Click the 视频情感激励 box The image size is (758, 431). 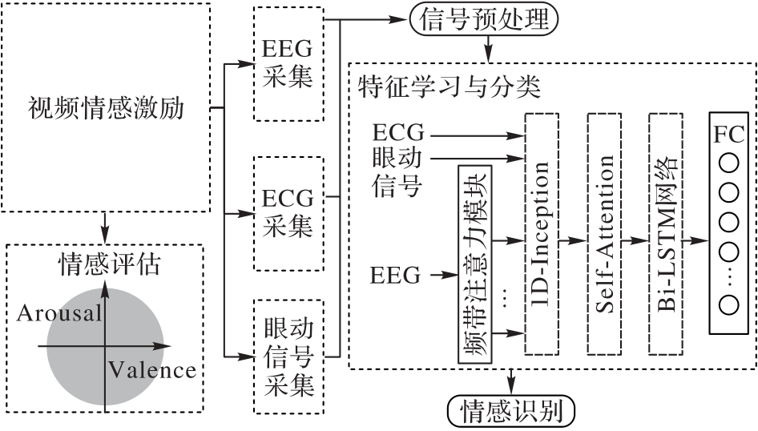point(107,107)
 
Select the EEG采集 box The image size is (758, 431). point(288,64)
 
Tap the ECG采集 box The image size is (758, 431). point(288,213)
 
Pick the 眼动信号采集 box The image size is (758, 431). point(288,357)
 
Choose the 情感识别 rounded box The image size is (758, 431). point(511,412)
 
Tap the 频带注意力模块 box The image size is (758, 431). point(475,264)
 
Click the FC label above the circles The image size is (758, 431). point(728,133)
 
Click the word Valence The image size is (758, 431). point(152,370)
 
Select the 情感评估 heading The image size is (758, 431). point(105,263)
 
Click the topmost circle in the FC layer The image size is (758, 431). point(728,163)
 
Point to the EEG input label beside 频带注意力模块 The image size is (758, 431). point(396,276)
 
